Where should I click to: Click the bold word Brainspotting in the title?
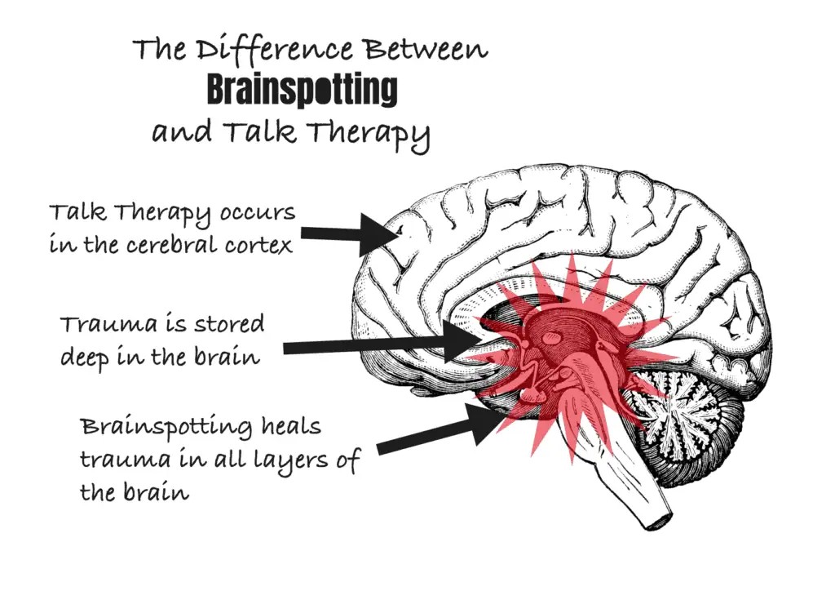[x=302, y=91]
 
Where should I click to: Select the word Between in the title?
[x=426, y=50]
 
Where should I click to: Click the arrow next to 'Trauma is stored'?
[x=382, y=342]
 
